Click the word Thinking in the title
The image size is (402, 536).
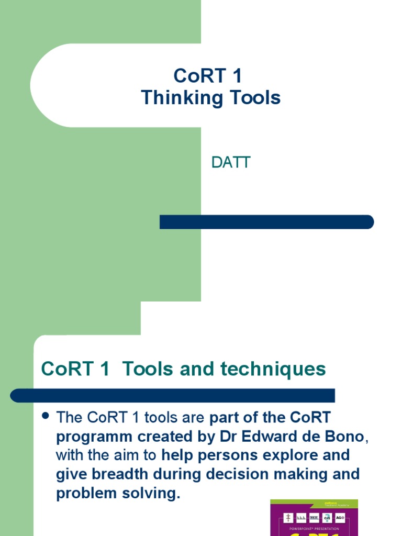175,98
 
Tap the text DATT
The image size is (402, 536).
231,163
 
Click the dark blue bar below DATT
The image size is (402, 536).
266,222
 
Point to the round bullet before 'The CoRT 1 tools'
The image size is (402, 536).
45,416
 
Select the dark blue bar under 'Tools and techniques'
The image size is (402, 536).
173,395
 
